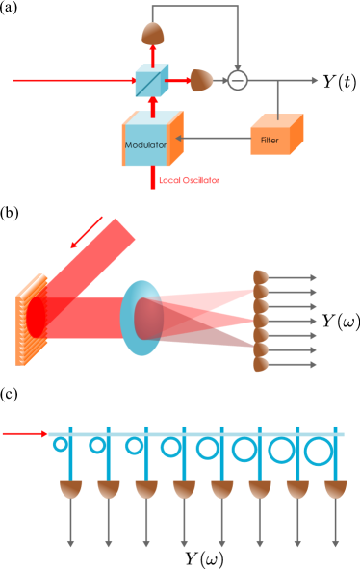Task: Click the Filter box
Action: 275,137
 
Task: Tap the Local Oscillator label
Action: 189,180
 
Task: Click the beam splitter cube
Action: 151,81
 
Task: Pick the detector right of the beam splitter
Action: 200,80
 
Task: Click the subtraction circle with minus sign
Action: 237,81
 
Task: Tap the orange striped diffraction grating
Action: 32,320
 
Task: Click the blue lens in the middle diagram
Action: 141,319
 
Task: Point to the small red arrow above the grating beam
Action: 88,232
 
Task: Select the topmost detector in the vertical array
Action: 260,278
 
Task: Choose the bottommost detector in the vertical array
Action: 260,364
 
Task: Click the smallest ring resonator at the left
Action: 61,445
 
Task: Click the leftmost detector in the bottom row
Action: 70,489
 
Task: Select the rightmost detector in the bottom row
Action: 335,489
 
